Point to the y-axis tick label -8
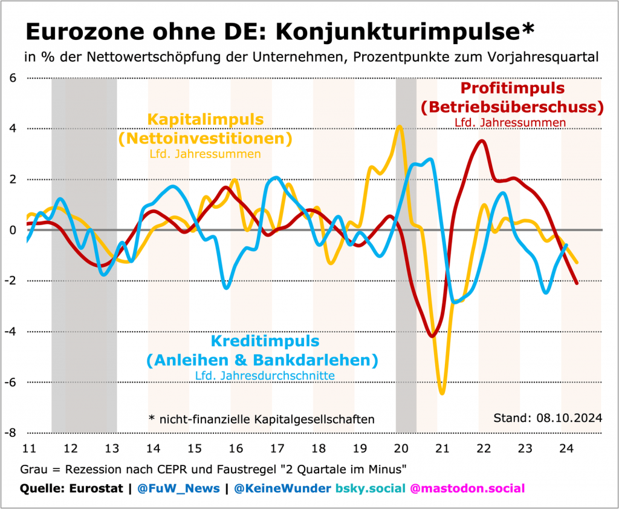coord(11,433)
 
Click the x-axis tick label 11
coord(28,448)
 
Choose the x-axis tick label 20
coord(400,448)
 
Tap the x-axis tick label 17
coord(277,448)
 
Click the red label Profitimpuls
coord(512,88)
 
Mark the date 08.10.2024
coord(571,418)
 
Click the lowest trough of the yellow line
coord(442,393)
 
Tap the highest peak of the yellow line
coord(400,126)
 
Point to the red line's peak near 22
coord(482,141)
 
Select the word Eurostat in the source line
coord(96,488)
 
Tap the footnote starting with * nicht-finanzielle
coord(261,419)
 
